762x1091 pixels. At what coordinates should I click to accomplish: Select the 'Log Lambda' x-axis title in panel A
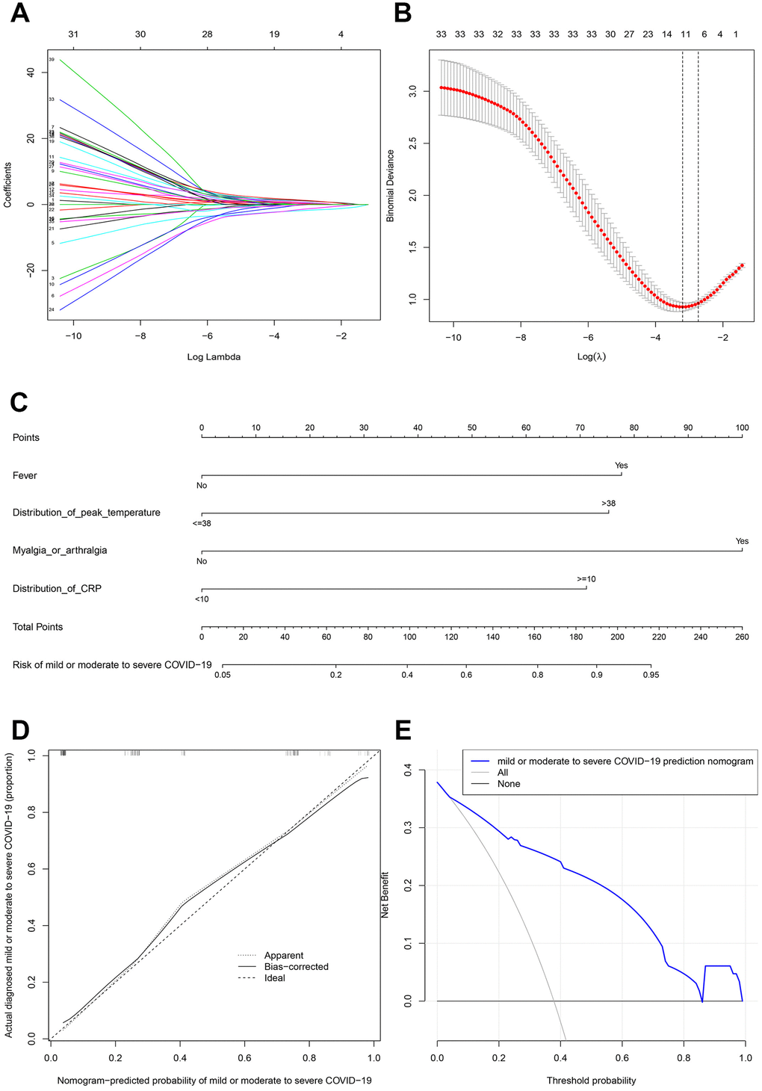coord(214,357)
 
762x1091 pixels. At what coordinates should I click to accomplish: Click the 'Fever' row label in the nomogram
coord(25,475)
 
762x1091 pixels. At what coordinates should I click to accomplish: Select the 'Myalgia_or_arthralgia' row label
coord(60,551)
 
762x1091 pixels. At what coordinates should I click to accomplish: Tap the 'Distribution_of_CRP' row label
coord(57,589)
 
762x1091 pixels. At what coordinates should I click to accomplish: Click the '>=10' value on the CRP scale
coord(586,579)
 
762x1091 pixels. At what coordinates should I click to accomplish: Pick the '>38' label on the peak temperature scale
coord(608,504)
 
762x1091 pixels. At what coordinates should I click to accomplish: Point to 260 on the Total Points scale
coord(742,637)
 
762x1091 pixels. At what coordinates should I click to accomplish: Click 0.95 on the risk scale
coord(651,675)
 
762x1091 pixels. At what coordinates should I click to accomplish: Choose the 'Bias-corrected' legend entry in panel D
coord(297,967)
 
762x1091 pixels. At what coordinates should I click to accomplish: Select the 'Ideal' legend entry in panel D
coord(275,978)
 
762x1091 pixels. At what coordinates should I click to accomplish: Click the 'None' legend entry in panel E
coord(509,784)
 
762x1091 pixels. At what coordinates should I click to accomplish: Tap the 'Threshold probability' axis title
coord(591,1081)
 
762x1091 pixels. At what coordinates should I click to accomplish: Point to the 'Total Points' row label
coord(37,627)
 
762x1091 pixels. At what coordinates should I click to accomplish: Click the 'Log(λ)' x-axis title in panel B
coord(591,357)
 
